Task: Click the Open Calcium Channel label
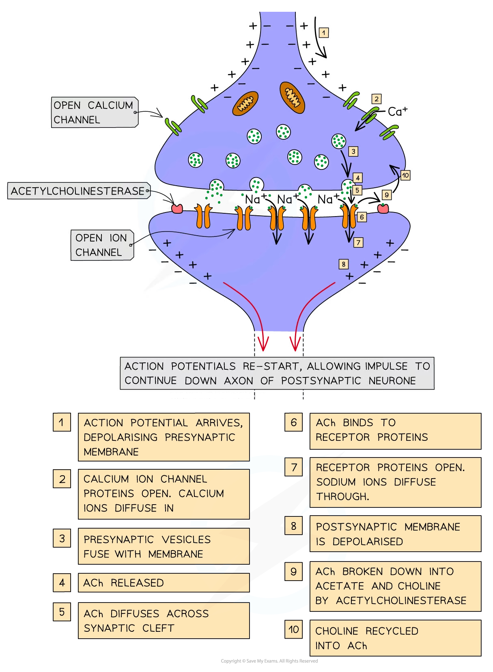94,113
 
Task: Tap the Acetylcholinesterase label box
78,191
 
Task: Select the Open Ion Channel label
101,245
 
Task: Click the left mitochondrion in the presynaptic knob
245,104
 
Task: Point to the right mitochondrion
292,98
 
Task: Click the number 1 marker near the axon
323,33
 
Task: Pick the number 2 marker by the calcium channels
377,99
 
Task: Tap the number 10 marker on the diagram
405,176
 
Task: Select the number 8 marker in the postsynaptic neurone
343,264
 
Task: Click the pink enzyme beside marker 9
383,208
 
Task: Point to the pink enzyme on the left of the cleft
177,209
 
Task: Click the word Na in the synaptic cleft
285,199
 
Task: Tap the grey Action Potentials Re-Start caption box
277,373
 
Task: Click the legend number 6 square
293,423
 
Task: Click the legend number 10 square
293,629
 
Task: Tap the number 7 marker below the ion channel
358,243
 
